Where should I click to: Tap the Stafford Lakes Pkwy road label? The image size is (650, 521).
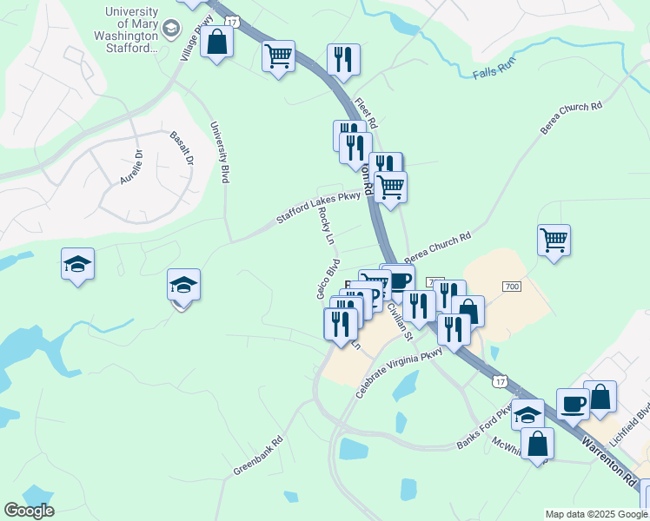(x=317, y=208)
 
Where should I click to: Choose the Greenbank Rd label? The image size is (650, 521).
(x=258, y=455)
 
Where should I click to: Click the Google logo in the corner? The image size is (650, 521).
(x=29, y=511)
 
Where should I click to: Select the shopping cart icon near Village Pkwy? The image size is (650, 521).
(x=278, y=56)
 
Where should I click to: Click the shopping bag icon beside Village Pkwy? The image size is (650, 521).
(x=216, y=41)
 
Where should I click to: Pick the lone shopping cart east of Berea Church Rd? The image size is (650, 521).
(x=554, y=239)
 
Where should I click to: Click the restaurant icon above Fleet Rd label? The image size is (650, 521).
(x=343, y=59)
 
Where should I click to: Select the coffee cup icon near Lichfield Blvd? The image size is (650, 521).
(x=573, y=404)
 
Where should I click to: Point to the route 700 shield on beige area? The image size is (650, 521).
(x=511, y=287)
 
